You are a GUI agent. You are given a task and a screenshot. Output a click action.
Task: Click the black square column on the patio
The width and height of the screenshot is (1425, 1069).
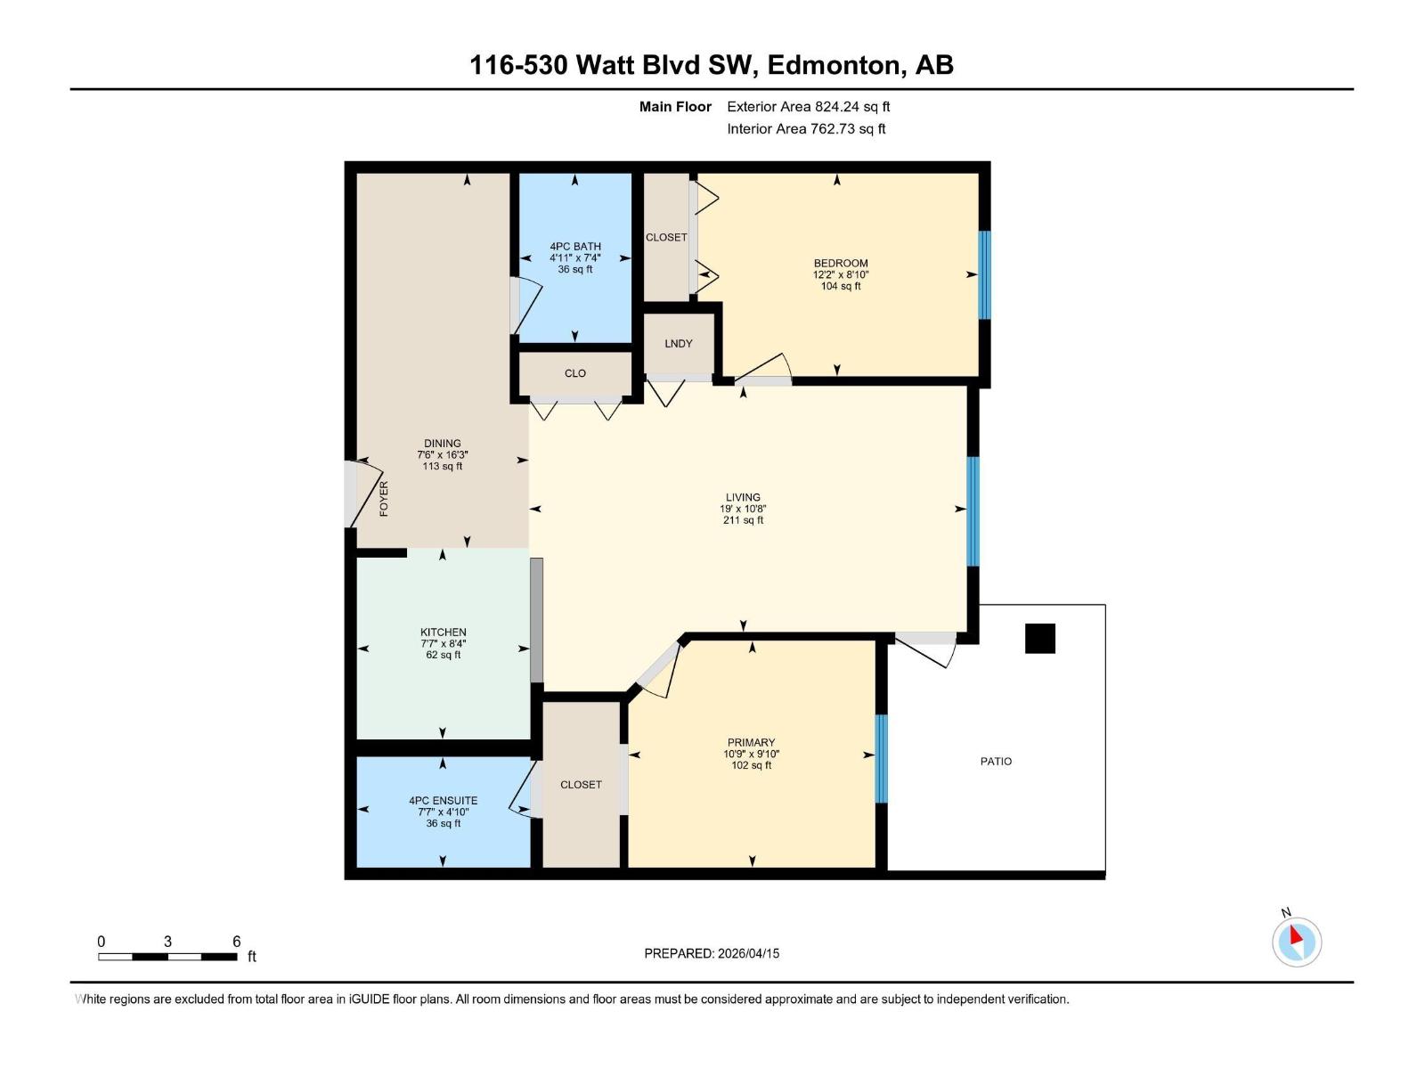tap(1039, 638)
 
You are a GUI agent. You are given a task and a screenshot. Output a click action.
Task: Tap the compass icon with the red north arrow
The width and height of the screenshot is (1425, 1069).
tap(1296, 942)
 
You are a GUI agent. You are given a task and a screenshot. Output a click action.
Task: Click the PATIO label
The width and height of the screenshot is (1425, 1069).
tap(996, 761)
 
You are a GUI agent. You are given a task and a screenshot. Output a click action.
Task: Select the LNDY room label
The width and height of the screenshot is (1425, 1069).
tap(678, 343)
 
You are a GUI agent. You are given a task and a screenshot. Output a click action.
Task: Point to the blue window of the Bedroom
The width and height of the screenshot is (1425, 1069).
tap(984, 274)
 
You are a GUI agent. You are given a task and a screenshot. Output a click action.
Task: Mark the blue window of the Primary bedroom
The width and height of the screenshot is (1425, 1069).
tap(881, 758)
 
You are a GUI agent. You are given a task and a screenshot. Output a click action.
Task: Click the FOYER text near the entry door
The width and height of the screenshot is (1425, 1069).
tap(384, 499)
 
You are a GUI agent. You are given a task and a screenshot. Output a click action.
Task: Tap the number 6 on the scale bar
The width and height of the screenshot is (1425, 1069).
tap(236, 941)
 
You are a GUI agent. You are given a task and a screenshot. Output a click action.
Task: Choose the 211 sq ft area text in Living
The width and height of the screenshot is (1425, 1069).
tap(743, 520)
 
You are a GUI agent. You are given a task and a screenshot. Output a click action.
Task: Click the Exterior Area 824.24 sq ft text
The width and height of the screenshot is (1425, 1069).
tap(808, 106)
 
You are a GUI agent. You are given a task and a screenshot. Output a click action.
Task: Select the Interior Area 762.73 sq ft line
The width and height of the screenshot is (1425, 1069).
tap(806, 128)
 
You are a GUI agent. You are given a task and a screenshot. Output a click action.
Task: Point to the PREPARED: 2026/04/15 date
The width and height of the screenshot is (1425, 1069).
tap(712, 953)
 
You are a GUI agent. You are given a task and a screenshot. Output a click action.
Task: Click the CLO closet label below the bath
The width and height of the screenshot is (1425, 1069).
tap(574, 373)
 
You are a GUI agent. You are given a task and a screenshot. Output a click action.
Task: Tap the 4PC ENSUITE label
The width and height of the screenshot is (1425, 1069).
tap(443, 800)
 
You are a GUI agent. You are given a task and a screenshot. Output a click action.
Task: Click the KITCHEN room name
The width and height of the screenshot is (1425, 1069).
tap(443, 632)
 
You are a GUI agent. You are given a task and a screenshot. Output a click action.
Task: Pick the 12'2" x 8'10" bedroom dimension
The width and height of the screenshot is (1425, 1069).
tap(840, 274)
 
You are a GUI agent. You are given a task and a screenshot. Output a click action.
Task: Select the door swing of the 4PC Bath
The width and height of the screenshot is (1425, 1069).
tap(526, 306)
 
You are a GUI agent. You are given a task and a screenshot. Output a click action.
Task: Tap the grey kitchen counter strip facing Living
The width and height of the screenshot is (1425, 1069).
tap(536, 620)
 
